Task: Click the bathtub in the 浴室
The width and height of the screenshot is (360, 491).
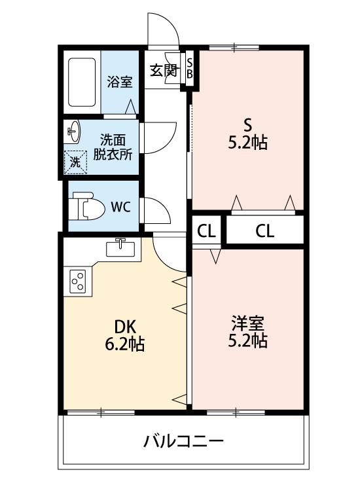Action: [x=82, y=82]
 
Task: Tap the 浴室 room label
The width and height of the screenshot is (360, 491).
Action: [x=120, y=82]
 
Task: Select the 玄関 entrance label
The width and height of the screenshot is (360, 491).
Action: [x=164, y=71]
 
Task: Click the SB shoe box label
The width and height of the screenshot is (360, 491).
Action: [x=190, y=69]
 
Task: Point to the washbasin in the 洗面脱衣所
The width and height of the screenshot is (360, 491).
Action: [x=73, y=132]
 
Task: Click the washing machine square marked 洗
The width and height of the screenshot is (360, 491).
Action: [x=75, y=162]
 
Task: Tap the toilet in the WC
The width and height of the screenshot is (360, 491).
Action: [x=86, y=206]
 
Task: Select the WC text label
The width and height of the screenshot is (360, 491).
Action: [x=120, y=207]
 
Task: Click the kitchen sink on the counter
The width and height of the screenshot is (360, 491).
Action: [x=120, y=248]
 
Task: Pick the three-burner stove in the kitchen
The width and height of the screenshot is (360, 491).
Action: [x=78, y=282]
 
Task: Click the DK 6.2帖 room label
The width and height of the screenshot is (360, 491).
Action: [x=124, y=336]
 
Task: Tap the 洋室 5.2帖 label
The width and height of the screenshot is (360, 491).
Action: [x=247, y=332]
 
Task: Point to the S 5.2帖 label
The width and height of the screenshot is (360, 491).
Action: [x=247, y=134]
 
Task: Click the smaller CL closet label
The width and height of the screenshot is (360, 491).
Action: [x=206, y=232]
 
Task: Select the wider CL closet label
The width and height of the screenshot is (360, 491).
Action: [x=265, y=231]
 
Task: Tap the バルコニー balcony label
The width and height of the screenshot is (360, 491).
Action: [x=184, y=441]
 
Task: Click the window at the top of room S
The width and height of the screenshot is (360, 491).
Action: [x=234, y=48]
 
